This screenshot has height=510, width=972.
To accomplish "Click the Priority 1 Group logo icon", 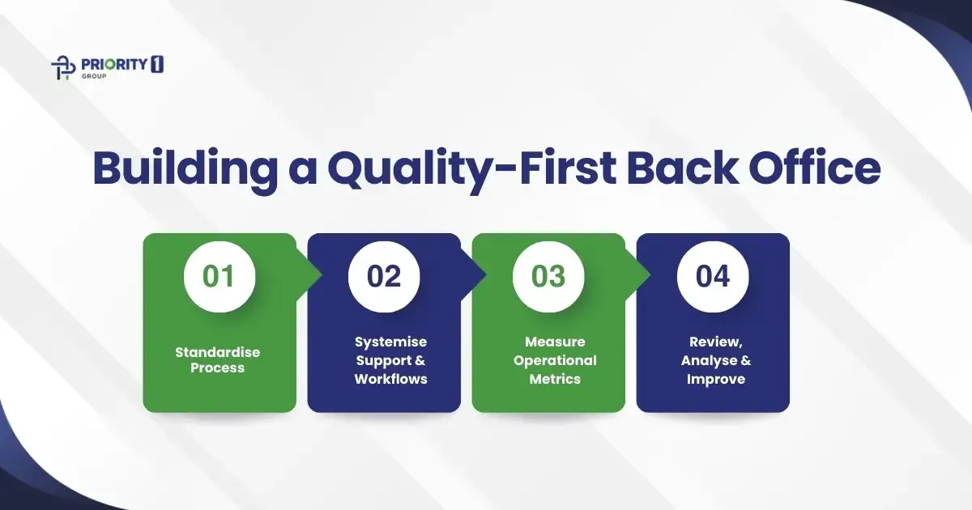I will click(x=62, y=67).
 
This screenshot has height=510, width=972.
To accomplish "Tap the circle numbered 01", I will click(x=219, y=276).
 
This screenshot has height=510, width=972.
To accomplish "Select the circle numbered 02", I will click(x=384, y=276).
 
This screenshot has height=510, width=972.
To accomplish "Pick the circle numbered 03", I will click(x=548, y=276).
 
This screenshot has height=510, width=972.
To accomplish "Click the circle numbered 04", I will click(x=713, y=276).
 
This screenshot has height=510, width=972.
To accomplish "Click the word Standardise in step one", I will click(x=219, y=352).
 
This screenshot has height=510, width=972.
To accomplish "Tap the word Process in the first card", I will click(x=219, y=368).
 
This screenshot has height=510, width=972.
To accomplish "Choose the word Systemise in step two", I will click(x=390, y=342).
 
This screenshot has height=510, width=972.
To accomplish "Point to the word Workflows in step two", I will click(x=390, y=379).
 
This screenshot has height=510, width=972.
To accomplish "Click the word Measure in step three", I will click(x=555, y=342).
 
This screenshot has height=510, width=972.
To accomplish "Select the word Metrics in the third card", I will click(x=555, y=379).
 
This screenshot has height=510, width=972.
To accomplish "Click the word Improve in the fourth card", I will click(x=716, y=379).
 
